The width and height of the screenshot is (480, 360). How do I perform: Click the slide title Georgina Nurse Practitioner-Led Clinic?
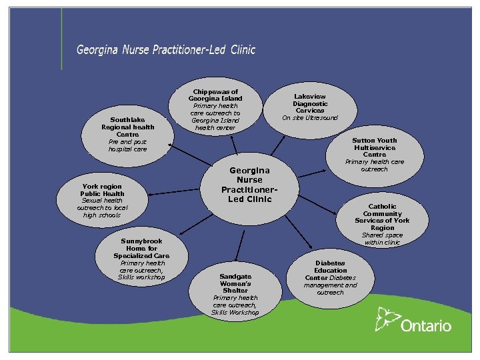[x=165, y=49]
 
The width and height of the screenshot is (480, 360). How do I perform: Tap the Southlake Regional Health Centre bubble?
[x=127, y=131]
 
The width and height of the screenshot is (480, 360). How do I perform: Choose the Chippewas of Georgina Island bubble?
[x=215, y=109]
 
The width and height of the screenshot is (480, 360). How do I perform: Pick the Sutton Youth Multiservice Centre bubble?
[x=374, y=154]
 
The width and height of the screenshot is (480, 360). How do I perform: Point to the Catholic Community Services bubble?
[x=382, y=224]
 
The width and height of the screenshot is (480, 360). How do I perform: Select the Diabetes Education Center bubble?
[x=331, y=277]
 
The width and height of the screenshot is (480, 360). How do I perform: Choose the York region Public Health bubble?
[x=102, y=200]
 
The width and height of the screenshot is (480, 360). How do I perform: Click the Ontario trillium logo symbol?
[x=385, y=318]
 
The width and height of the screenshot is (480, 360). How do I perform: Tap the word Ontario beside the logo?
[x=426, y=326]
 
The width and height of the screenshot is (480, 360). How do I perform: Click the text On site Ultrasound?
[x=310, y=118]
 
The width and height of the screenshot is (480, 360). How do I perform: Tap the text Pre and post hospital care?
[x=127, y=145]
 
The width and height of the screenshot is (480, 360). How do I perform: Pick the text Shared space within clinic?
[x=382, y=239]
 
